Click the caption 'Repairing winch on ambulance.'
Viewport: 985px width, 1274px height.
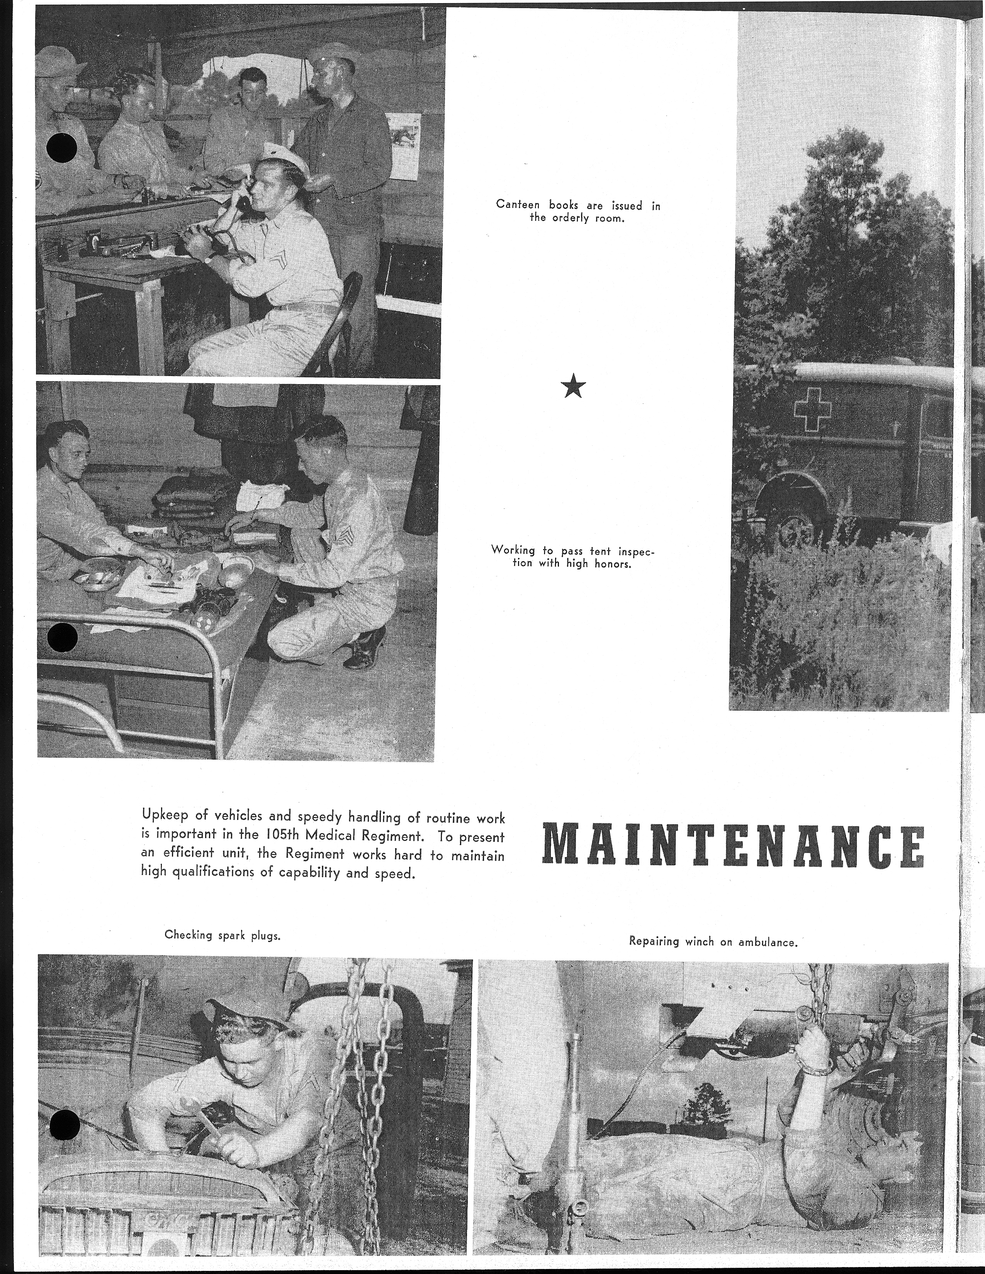[713, 940]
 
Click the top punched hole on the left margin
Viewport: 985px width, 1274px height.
[63, 149]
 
